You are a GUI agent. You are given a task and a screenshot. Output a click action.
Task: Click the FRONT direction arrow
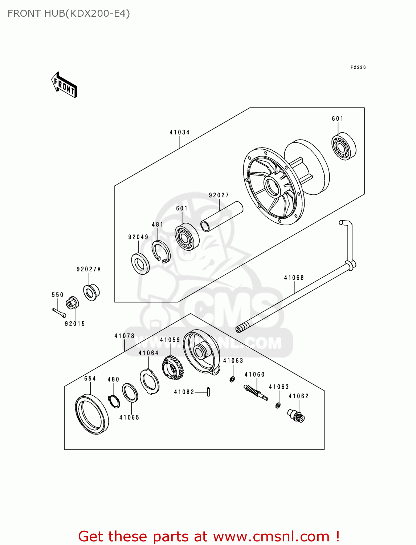tap(65, 85)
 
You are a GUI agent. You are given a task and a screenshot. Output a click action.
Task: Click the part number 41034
tap(180, 132)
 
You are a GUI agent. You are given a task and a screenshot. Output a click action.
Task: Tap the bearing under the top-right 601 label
tap(344, 147)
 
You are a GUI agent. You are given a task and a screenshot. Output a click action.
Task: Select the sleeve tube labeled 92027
tap(222, 217)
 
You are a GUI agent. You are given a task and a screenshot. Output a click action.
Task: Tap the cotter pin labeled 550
tap(58, 312)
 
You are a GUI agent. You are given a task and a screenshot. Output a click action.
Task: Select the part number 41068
tap(294, 278)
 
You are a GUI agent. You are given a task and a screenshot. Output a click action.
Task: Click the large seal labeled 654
tap(92, 415)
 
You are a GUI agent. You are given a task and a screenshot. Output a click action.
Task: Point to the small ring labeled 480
tap(114, 401)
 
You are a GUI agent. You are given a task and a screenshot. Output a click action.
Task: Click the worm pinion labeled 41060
tap(255, 393)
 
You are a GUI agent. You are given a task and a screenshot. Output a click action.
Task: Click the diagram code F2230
tap(358, 68)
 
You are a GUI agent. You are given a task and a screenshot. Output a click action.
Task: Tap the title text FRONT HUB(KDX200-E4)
tap(69, 13)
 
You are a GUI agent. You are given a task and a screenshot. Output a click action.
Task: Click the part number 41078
tap(124, 336)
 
